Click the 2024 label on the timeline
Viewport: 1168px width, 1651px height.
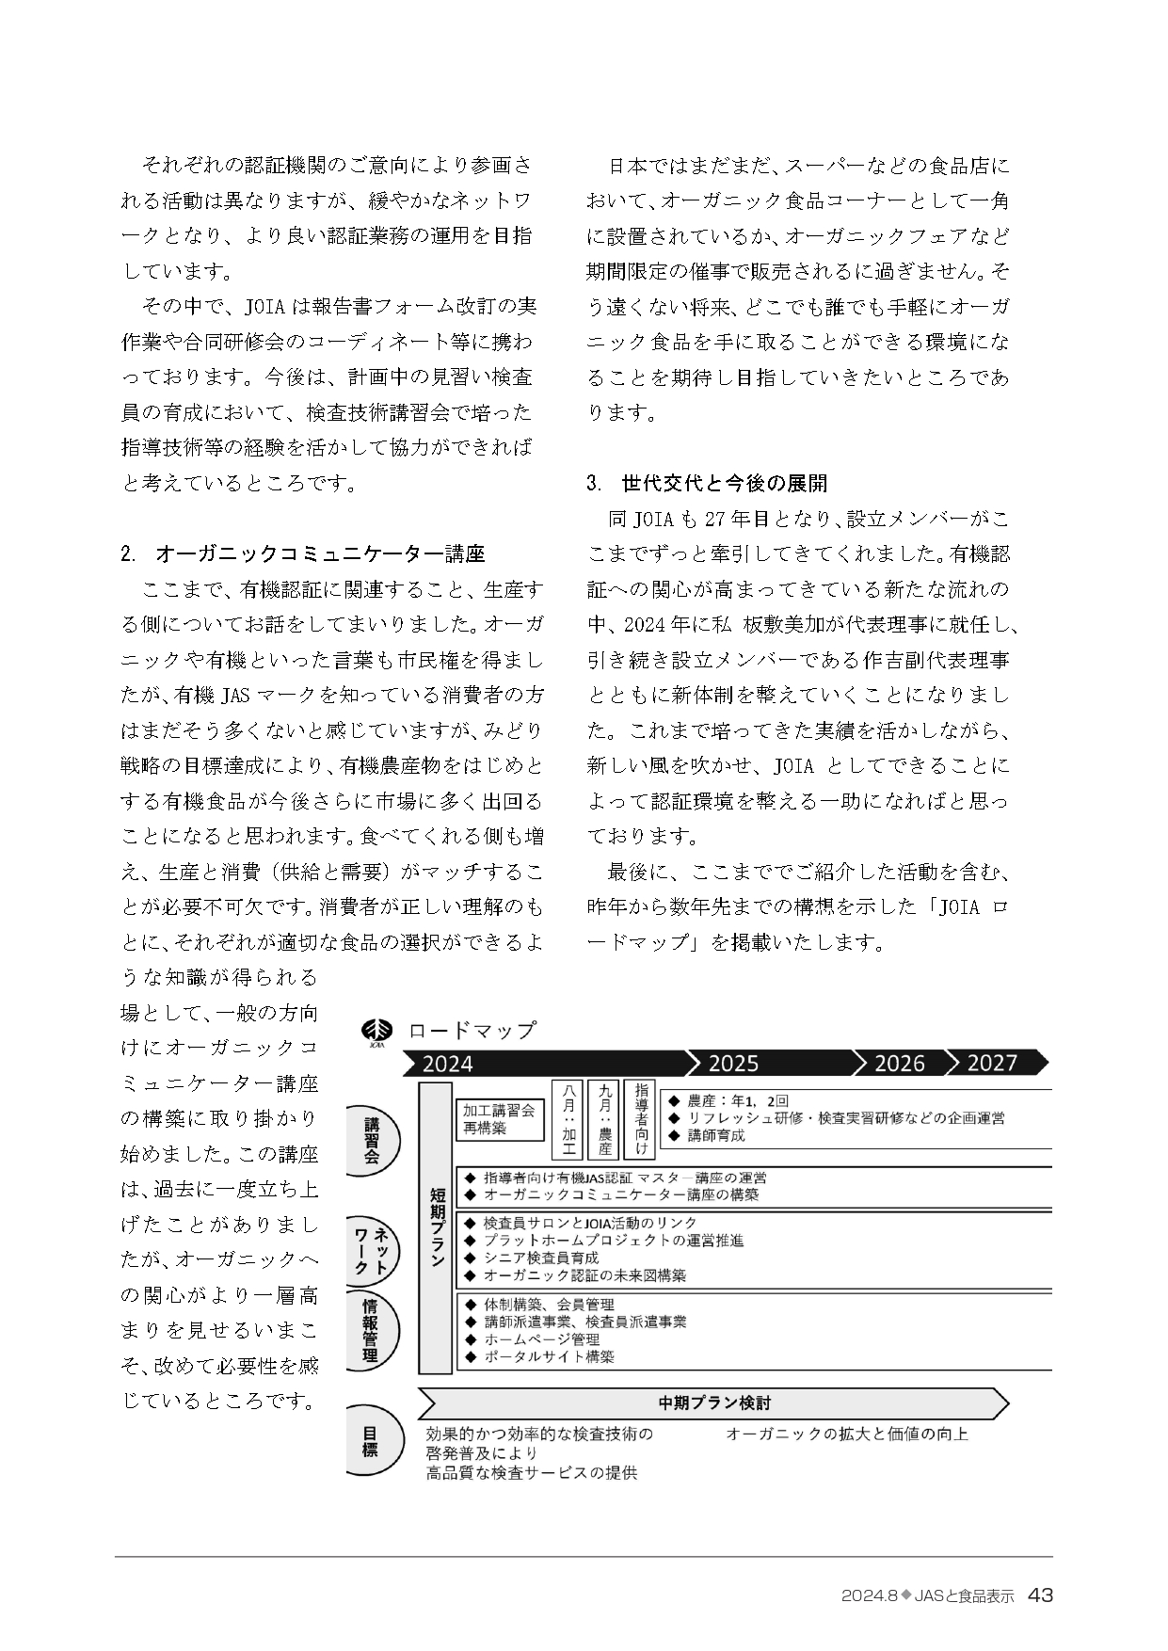coord(448,1064)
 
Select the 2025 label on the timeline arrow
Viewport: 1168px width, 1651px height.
coord(733,1064)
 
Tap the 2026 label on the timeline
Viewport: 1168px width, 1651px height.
coord(900,1064)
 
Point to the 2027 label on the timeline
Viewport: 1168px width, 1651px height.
coord(992,1064)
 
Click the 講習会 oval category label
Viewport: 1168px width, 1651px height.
coord(372,1139)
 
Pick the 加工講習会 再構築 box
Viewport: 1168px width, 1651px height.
coord(499,1118)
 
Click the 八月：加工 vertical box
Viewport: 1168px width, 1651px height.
coord(568,1118)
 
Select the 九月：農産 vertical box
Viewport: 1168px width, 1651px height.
coord(605,1118)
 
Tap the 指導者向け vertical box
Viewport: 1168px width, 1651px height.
coord(642,1118)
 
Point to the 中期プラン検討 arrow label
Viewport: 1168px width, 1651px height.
coord(713,1403)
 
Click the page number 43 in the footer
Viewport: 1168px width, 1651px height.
coord(1040,1595)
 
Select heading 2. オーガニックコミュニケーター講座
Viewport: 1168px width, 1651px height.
coord(303,553)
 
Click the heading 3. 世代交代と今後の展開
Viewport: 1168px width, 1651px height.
coord(707,484)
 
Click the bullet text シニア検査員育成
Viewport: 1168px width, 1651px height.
coord(540,1258)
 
